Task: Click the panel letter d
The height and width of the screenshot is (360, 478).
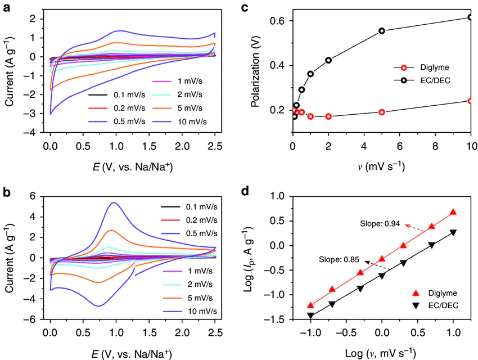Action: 245,191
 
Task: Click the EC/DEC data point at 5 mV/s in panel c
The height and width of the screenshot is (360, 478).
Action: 382,31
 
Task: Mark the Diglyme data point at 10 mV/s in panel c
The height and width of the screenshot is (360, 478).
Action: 471,101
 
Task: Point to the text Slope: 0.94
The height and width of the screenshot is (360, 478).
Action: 379,223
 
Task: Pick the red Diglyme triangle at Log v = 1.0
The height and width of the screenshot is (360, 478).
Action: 453,212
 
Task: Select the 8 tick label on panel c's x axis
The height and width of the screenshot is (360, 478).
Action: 435,147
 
